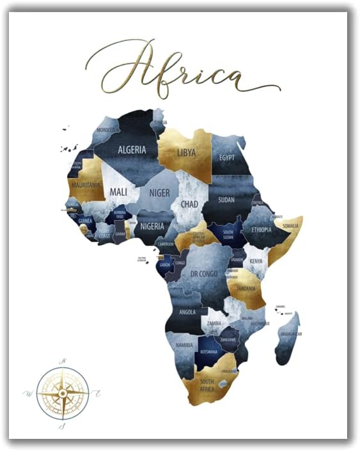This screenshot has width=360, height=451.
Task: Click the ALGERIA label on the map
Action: pos(132,150)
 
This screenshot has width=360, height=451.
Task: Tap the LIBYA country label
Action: pos(187,153)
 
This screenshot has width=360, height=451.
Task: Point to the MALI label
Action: pos(119,191)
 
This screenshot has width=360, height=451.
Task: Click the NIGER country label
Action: pos(159,193)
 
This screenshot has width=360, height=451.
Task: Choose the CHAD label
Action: pos(189,205)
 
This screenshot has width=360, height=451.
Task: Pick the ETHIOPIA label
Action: pos(261,230)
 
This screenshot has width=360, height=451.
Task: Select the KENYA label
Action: pos(256,261)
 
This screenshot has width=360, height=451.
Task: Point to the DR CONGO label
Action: pos(205,274)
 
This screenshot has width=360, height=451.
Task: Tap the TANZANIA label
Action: pos(246,289)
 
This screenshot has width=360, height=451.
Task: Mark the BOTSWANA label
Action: pos(208,351)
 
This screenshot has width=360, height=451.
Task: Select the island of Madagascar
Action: pos(288,336)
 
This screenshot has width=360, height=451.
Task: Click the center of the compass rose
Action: pos(63,392)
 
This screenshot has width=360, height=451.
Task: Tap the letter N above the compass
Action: pos(63,361)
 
